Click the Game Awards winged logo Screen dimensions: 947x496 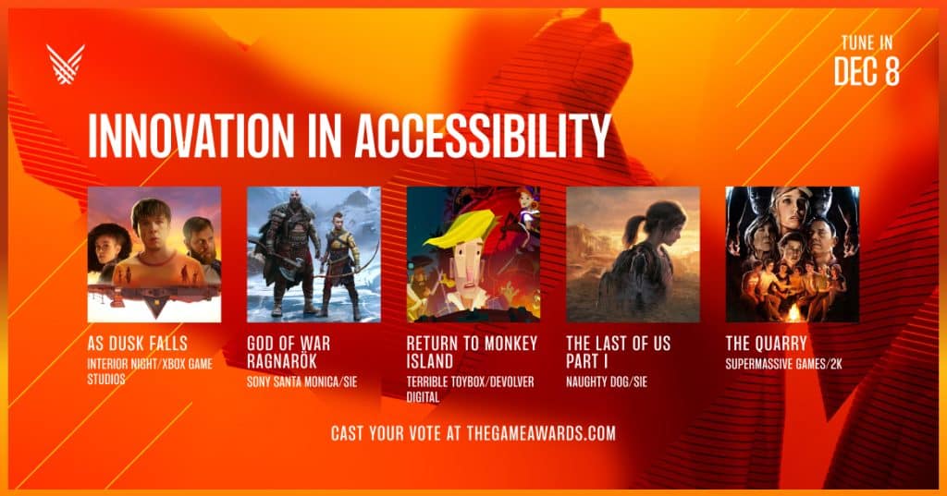66,64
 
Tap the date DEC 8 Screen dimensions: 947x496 867,72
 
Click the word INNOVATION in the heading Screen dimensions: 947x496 191,136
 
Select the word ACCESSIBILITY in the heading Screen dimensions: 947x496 483,136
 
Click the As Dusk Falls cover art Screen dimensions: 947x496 154,255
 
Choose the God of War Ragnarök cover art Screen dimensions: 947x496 314,255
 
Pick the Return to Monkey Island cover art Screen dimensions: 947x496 473,255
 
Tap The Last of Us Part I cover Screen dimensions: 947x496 633,255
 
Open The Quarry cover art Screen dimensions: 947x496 793,255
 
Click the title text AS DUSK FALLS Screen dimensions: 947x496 137,344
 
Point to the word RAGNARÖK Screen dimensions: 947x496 282,361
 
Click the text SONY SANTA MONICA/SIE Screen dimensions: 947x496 302,382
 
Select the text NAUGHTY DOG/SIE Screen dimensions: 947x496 607,382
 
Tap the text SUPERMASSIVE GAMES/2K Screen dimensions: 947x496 784,364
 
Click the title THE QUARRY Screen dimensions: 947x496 767,344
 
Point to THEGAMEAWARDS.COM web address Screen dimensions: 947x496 541,433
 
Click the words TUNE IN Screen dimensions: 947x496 867,42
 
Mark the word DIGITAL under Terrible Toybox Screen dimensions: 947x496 423,397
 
